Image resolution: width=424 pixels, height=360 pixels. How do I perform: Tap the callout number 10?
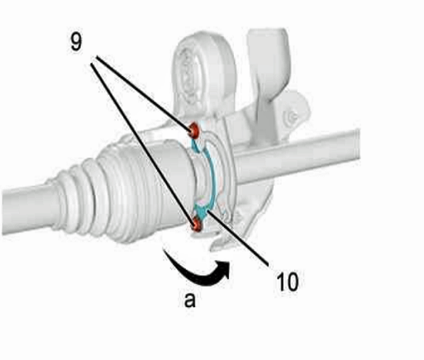(x=288, y=282)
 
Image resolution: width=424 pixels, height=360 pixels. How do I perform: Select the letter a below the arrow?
(x=190, y=300)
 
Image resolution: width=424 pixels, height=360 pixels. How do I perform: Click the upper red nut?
(x=194, y=130)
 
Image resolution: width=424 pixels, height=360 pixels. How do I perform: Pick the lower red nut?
(x=197, y=224)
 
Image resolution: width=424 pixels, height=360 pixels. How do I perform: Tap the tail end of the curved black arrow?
(x=165, y=252)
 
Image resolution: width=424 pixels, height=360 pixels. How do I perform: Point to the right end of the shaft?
(x=357, y=145)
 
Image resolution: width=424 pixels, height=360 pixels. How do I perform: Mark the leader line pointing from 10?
(x=237, y=238)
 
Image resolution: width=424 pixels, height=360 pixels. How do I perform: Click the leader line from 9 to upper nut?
(x=143, y=93)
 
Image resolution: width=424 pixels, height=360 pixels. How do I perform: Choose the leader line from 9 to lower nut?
(x=143, y=143)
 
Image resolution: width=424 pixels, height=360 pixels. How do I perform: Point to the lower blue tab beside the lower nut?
(x=202, y=212)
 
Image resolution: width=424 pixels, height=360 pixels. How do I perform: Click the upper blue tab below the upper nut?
(x=197, y=145)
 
